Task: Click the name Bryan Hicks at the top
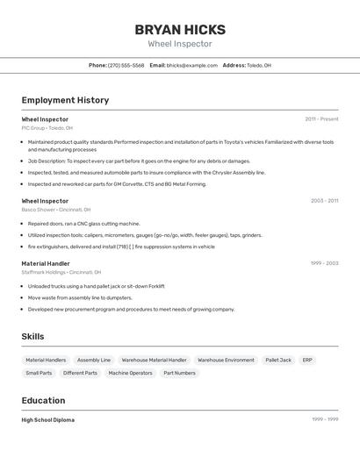pyautogui.click(x=180, y=30)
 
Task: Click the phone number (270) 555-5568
pyautogui.click(x=126, y=65)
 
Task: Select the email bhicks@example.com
pyautogui.click(x=192, y=65)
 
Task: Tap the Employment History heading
pyautogui.click(x=65, y=100)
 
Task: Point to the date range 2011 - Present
pyautogui.click(x=321, y=118)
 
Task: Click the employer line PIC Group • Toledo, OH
pyautogui.click(x=47, y=128)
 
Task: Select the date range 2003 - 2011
pyautogui.click(x=324, y=200)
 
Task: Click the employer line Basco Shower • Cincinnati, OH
pyautogui.click(x=55, y=210)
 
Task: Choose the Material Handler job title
pyautogui.click(x=46, y=263)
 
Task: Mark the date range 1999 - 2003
pyautogui.click(x=324, y=263)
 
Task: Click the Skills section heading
pyautogui.click(x=32, y=336)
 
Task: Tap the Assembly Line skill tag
pyautogui.click(x=94, y=360)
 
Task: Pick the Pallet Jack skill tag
pyautogui.click(x=278, y=360)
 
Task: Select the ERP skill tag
pyautogui.click(x=307, y=360)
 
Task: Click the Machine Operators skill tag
pyautogui.click(x=130, y=373)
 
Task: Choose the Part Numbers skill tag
pyautogui.click(x=179, y=373)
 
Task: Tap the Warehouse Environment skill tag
pyautogui.click(x=226, y=360)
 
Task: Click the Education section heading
pyautogui.click(x=43, y=400)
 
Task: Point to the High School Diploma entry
pyautogui.click(x=48, y=419)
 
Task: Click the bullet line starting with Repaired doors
pyautogui.click(x=83, y=224)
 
